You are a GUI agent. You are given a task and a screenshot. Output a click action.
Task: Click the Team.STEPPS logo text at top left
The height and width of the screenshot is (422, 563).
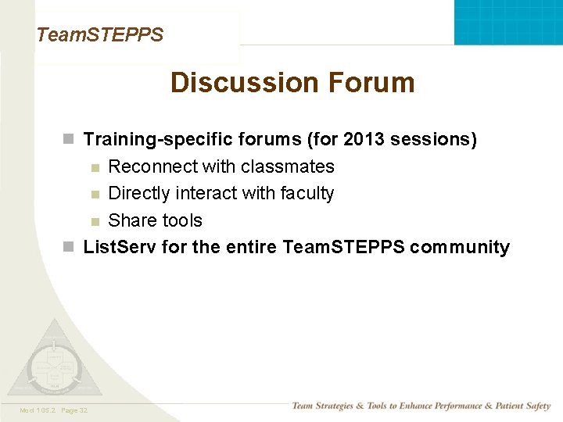point(100,34)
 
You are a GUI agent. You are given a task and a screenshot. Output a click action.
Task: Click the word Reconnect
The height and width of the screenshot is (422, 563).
point(152,166)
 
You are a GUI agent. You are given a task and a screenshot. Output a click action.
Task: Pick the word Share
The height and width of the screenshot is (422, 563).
point(129,220)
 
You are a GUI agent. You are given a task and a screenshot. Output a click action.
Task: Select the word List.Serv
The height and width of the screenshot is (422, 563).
point(120,248)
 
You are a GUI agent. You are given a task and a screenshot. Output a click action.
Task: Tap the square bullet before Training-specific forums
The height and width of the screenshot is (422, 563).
point(70,140)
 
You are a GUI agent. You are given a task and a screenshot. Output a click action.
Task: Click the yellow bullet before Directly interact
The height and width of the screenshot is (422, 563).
point(95,194)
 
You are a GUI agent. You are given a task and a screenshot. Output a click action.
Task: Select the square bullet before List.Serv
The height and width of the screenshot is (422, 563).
point(70,248)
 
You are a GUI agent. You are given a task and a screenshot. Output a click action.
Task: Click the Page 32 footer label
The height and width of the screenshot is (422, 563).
point(73,410)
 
